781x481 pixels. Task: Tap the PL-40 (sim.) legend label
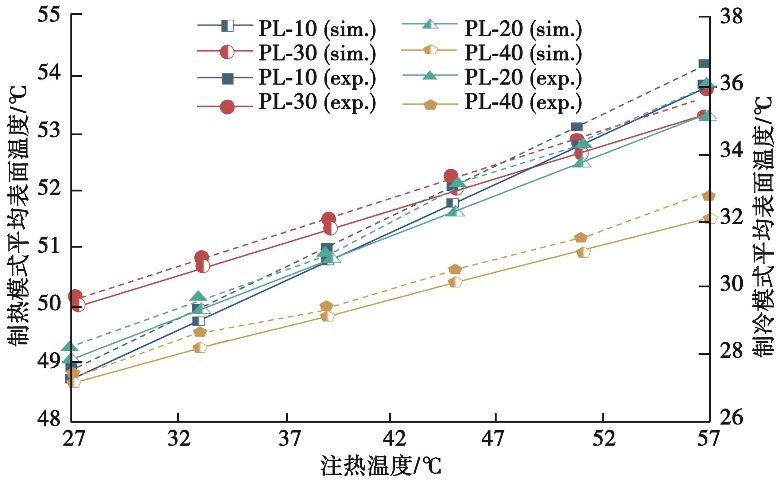tap(523, 53)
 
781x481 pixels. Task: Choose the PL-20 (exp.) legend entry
tap(523, 78)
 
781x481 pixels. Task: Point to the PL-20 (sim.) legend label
tap(523, 29)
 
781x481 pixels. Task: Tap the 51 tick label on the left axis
tap(49, 247)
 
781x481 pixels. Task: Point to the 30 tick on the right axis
tap(731, 284)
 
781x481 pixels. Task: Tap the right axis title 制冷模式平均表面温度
tap(763, 226)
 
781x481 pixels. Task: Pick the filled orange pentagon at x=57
tap(708, 196)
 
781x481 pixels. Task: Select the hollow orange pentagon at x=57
tap(710, 218)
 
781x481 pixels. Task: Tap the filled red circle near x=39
tap(329, 219)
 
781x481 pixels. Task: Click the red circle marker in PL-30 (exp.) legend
tap(227, 107)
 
